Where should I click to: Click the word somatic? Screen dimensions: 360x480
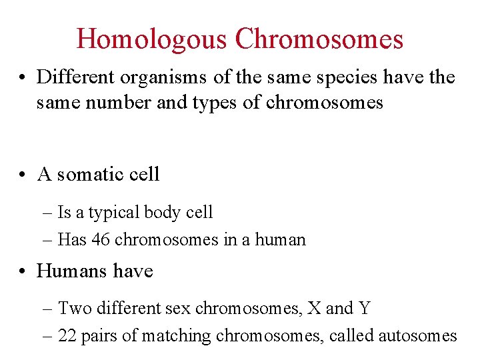(91, 175)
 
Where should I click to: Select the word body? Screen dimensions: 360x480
(160, 213)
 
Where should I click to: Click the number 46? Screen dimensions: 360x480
(101, 239)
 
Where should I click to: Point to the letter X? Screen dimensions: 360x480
(313, 309)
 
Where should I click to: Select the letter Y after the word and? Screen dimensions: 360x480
(364, 309)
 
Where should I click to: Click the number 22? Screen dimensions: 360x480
(68, 335)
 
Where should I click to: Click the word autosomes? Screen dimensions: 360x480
(417, 335)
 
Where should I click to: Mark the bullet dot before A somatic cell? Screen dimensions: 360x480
(23, 175)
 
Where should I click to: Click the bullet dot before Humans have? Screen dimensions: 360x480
(23, 271)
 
